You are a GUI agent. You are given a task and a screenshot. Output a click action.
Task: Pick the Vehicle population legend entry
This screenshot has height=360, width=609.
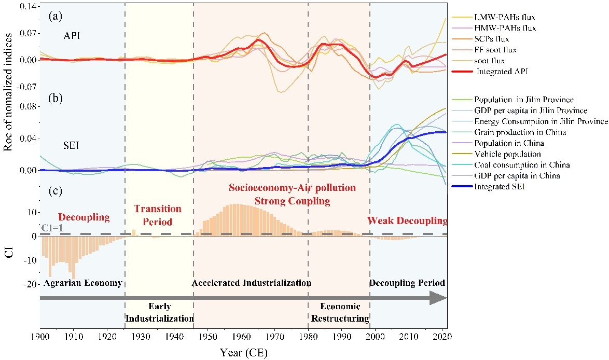pyautogui.click(x=501, y=154)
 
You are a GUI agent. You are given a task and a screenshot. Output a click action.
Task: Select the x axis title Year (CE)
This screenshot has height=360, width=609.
pyautogui.click(x=243, y=352)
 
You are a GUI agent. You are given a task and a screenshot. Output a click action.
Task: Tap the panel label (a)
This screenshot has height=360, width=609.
pyautogui.click(x=56, y=17)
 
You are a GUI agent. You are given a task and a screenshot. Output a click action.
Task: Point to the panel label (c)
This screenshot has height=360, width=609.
pyautogui.click(x=56, y=191)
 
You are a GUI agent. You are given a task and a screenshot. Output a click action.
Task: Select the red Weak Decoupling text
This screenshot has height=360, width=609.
pyautogui.click(x=407, y=221)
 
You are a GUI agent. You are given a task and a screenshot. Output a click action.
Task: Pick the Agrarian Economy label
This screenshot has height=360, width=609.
pyautogui.click(x=82, y=283)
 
